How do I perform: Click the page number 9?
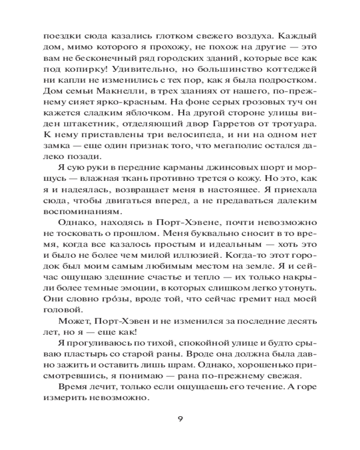click(180, 418)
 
